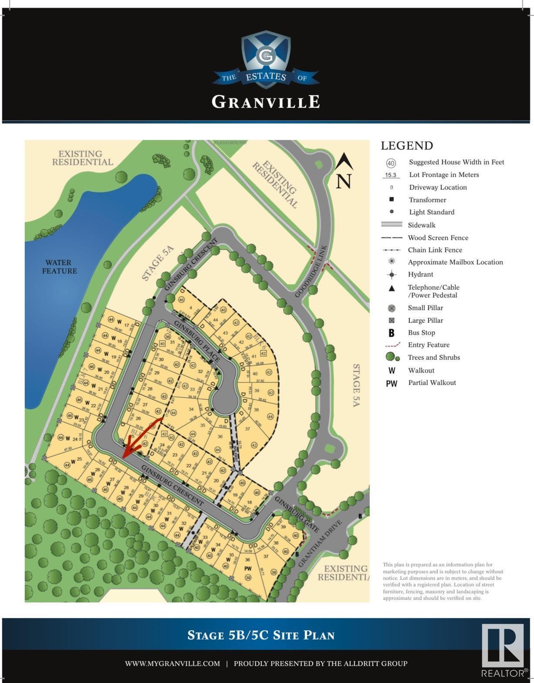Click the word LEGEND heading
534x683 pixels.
click(x=407, y=146)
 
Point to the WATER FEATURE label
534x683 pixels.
click(x=59, y=267)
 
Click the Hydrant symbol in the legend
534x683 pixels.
click(x=392, y=275)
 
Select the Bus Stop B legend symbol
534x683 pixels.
click(x=392, y=333)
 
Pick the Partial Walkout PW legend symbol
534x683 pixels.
click(x=392, y=383)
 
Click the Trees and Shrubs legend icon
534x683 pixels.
click(x=392, y=358)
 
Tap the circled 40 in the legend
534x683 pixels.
click(x=391, y=163)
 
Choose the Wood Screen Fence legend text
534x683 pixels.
click(x=438, y=238)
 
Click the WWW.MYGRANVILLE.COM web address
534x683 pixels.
click(x=172, y=663)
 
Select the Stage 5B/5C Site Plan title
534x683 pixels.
click(x=261, y=635)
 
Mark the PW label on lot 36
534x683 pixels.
click(x=248, y=568)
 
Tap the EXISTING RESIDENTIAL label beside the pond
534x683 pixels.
click(x=82, y=158)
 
